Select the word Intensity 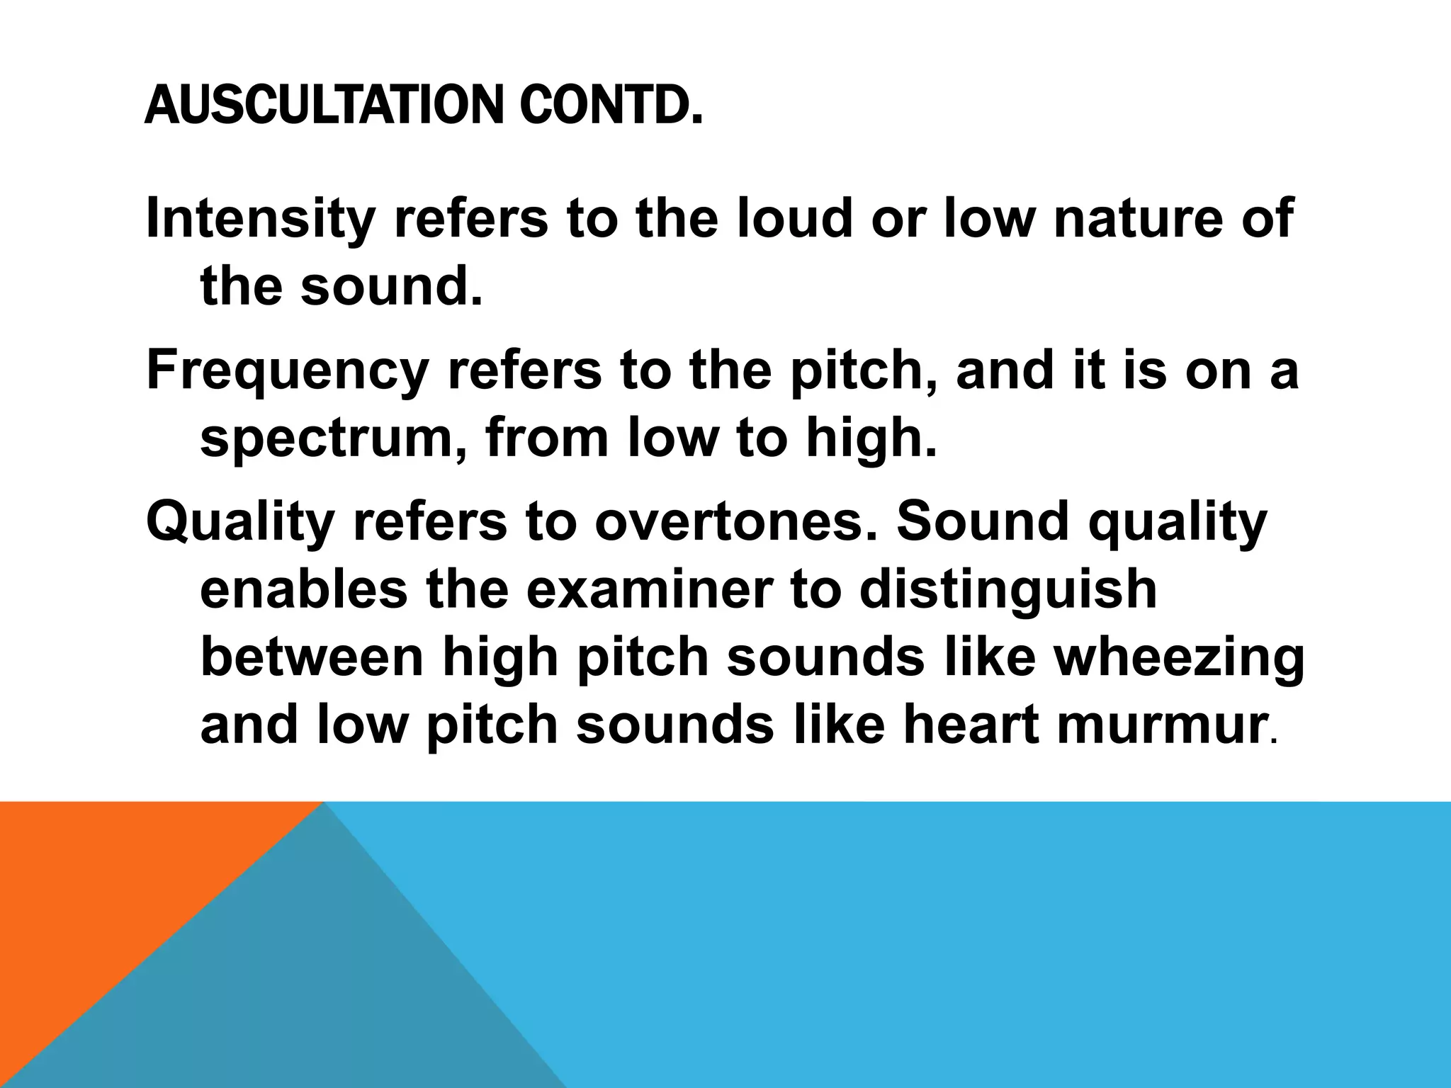coord(259,220)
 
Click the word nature coord(1137,220)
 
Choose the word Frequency coord(287,371)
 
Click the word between coord(312,657)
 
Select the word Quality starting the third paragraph coord(239,523)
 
